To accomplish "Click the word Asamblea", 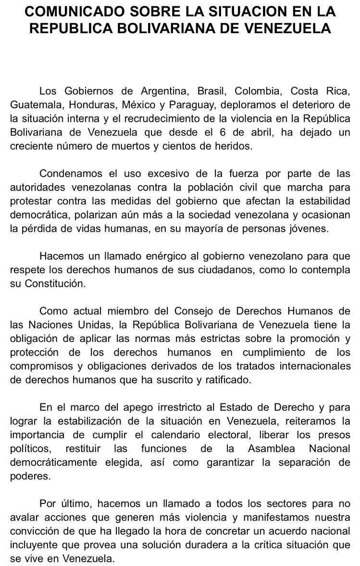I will (273, 449).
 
